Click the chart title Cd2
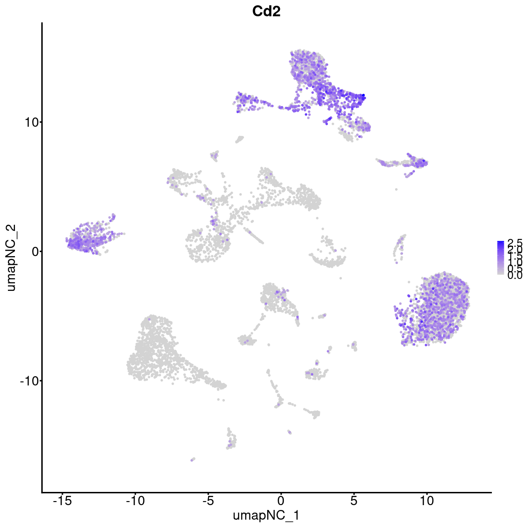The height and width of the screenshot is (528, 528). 266,12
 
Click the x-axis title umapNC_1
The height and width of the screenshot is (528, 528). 266,515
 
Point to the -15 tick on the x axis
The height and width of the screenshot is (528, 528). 62,501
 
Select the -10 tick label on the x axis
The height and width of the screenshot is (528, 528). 135,501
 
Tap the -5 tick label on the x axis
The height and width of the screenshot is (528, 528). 208,501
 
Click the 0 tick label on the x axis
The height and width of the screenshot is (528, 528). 281,501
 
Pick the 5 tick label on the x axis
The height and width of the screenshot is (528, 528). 354,501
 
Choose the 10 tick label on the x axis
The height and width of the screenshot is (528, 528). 426,501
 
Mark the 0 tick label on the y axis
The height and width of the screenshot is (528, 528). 33,251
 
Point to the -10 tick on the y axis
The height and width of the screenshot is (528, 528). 27,381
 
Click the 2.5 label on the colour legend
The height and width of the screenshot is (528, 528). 514,243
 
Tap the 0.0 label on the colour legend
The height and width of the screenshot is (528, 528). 514,276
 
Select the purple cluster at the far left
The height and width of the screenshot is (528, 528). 88,238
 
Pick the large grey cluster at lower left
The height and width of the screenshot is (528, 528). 158,352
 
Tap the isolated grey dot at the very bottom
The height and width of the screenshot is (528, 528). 192,459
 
